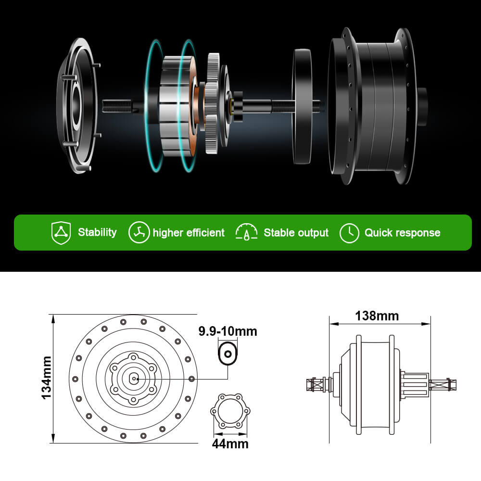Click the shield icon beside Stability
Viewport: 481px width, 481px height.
tap(61, 233)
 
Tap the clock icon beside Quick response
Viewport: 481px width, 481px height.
tap(349, 233)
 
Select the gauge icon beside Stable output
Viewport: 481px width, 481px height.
tap(246, 232)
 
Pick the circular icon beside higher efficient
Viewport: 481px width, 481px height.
tap(139, 232)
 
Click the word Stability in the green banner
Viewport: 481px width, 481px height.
tap(97, 232)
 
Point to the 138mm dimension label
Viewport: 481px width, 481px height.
tap(377, 316)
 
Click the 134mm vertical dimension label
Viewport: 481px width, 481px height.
tap(46, 378)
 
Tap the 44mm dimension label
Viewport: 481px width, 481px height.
tap(230, 444)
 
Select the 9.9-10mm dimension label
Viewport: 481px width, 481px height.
tap(228, 331)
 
